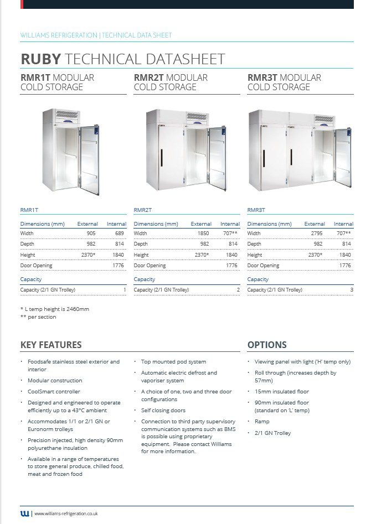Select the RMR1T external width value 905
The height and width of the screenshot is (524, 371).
point(91,234)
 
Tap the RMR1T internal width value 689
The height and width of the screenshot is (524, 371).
point(119,234)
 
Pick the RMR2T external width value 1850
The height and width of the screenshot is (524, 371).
point(203,234)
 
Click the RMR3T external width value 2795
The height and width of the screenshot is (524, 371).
point(317,234)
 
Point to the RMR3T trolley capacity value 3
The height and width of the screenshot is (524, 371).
point(351,290)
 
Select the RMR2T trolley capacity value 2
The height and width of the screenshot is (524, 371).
point(238,290)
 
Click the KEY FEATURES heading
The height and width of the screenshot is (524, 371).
point(51,345)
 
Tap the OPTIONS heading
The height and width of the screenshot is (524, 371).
point(267,345)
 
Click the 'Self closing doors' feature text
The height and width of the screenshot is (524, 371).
point(163,411)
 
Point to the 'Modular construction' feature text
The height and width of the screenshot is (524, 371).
point(55,381)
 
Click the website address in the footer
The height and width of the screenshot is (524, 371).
point(66,514)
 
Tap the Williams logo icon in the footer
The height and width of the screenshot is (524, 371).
point(25,514)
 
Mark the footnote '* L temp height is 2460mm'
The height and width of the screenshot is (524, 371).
point(54,309)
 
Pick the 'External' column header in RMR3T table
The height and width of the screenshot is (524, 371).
point(315,224)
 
